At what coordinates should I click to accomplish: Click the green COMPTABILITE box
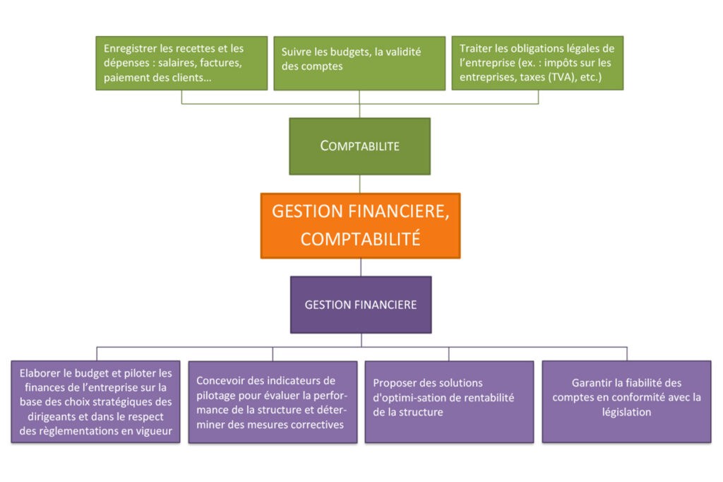(x=359, y=146)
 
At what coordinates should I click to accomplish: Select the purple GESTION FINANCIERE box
(x=361, y=305)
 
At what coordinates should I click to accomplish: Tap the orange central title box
(x=361, y=225)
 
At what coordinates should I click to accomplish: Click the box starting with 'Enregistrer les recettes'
(x=181, y=63)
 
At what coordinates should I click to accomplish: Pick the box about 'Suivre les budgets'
(x=359, y=63)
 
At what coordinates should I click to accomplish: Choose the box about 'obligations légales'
(x=537, y=63)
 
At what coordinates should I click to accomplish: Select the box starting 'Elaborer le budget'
(x=96, y=401)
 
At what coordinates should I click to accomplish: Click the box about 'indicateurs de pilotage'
(x=273, y=401)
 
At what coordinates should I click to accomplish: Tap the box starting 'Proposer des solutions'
(x=450, y=401)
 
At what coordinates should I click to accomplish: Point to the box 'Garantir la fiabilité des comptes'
(x=627, y=401)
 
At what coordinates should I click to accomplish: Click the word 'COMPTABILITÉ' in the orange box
(x=361, y=239)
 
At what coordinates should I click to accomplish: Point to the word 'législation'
(x=627, y=412)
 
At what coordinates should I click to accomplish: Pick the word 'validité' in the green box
(x=402, y=52)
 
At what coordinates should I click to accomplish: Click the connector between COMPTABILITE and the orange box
(x=359, y=184)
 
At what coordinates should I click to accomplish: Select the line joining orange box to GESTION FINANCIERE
(x=361, y=267)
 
